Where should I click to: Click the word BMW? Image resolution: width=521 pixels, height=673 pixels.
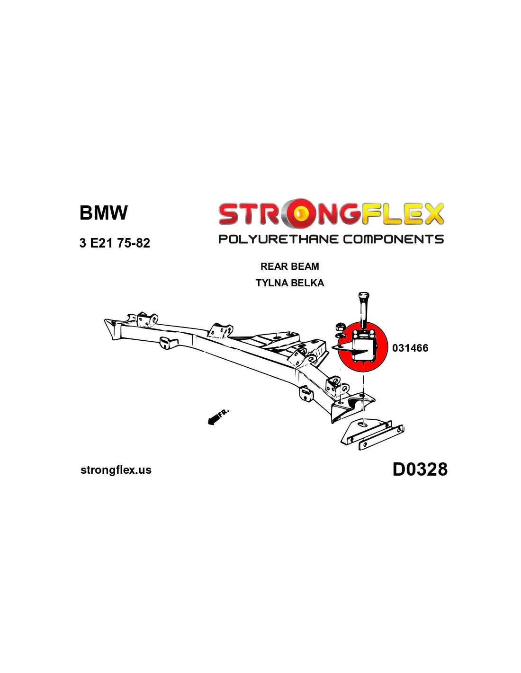click(x=103, y=213)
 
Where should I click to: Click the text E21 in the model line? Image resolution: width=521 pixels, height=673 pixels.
click(x=101, y=243)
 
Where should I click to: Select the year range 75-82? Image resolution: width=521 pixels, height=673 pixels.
click(x=134, y=243)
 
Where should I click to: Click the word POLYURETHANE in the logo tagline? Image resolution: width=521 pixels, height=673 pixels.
click(x=278, y=239)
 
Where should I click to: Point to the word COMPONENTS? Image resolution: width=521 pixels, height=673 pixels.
click(x=393, y=239)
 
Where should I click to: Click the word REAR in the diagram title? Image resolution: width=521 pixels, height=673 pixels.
click(x=274, y=266)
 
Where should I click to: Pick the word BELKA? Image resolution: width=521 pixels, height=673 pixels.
click(x=307, y=283)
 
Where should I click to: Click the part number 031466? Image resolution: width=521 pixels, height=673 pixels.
click(x=410, y=348)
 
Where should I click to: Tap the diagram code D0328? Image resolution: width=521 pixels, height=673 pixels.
click(x=420, y=469)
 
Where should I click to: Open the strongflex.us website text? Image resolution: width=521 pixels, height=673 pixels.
click(x=116, y=470)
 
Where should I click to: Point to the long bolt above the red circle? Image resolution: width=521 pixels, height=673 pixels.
click(x=364, y=308)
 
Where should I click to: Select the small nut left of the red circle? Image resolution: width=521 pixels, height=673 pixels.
click(x=339, y=327)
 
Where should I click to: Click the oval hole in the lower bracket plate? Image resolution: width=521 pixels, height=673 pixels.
click(x=362, y=425)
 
